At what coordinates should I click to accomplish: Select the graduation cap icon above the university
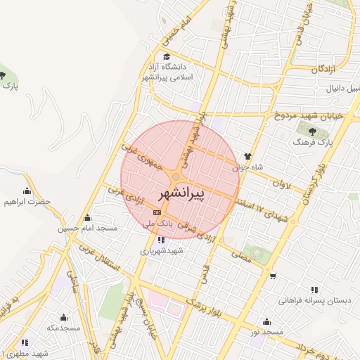coord(167,56)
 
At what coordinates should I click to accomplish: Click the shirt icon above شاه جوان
coord(247,156)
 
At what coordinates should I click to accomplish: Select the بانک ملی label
coord(157,223)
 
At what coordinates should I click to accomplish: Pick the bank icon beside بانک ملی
coord(157,212)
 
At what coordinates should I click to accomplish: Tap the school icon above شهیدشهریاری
coord(162,239)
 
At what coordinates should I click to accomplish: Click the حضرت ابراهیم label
coord(27,202)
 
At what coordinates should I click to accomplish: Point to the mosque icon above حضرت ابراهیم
coord(27,191)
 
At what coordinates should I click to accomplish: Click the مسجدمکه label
coord(64,328)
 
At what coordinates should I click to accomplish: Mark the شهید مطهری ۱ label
coord(24,353)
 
